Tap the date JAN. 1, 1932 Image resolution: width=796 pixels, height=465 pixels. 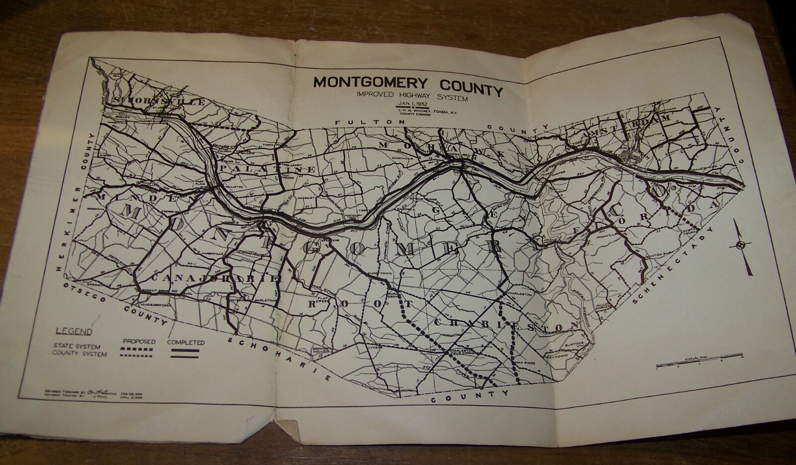[407, 104]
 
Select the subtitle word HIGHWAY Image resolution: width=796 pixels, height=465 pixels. [410, 96]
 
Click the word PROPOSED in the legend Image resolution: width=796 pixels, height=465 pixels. [139, 342]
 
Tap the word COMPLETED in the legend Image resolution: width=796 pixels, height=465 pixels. [186, 343]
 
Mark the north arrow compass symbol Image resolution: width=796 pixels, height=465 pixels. [741, 246]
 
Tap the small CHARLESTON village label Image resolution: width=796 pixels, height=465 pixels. [519, 294]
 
